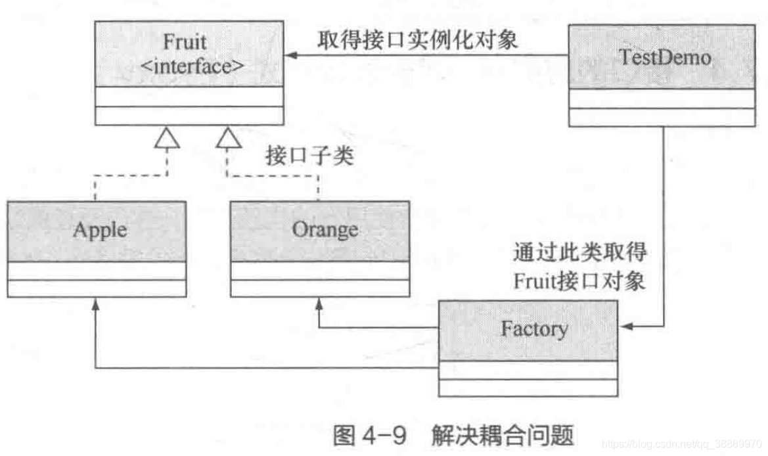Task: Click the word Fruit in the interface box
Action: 185,43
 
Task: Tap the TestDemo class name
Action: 665,57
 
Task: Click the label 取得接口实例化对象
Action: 418,40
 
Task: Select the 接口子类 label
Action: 309,156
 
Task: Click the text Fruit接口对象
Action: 579,281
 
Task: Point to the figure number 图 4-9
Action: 370,434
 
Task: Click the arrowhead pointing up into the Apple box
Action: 96,303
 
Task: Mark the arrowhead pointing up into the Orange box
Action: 319,303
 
